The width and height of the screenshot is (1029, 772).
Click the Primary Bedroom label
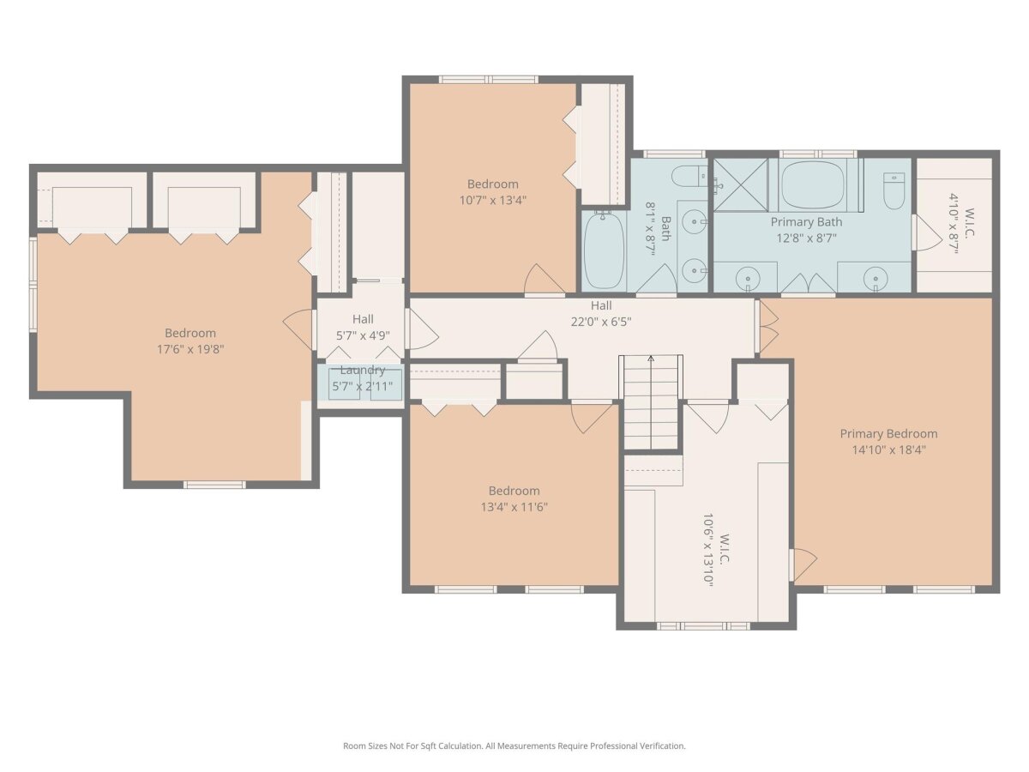coord(888,433)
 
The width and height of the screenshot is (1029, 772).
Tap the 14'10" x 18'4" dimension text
coord(888,450)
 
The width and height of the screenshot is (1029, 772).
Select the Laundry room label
coord(363,371)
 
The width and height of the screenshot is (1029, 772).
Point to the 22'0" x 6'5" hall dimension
coord(601,322)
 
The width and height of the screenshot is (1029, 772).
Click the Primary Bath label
coord(806,221)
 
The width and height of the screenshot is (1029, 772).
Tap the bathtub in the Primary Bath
coord(814,185)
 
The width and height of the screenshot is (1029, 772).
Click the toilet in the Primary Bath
coord(894,190)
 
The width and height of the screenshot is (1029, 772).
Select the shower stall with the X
coord(741,185)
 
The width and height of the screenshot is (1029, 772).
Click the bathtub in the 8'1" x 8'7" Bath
coord(605,250)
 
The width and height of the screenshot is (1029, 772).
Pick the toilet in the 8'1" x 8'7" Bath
coord(689,178)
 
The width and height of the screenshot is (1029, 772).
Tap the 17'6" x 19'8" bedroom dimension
coord(190,349)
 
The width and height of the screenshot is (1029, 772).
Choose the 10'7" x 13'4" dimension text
coord(493,200)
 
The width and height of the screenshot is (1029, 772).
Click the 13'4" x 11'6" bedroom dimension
coord(514,507)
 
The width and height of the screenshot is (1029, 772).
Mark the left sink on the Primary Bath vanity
coord(747,280)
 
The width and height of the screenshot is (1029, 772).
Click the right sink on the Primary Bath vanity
coord(875,280)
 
